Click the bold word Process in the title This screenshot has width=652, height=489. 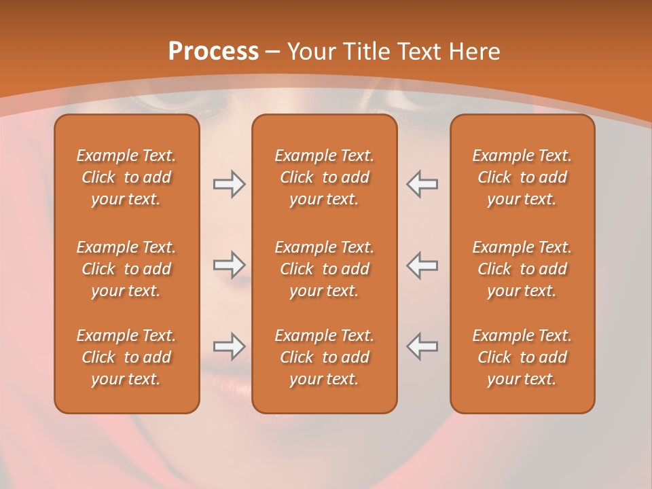pos(213,52)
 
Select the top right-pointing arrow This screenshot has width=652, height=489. pos(229,184)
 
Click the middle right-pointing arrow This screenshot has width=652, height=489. pos(229,265)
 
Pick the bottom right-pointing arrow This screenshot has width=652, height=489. pos(229,346)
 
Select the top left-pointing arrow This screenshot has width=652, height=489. pos(422,184)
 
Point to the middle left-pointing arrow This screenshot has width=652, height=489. pos(422,265)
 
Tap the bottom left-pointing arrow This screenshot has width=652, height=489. pos(422,346)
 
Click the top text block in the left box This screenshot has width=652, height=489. pos(126,177)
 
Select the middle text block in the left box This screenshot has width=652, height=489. pos(126,269)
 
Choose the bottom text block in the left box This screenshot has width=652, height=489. pos(126,357)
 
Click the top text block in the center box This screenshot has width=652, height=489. pos(324,177)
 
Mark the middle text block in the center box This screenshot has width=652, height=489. pos(324,269)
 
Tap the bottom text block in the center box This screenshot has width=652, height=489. pos(324,357)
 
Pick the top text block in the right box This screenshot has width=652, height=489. pos(522,177)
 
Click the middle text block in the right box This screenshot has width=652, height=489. pos(522,269)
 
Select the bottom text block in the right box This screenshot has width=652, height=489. pos(522,357)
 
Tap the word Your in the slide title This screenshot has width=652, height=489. pos(312,52)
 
